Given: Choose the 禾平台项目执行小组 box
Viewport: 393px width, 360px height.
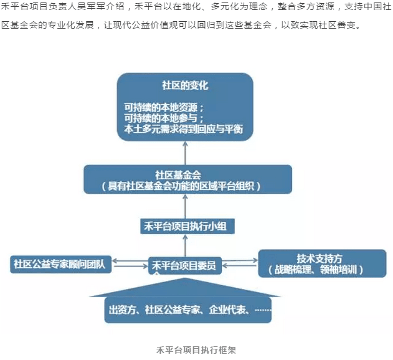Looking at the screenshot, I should (x=187, y=226).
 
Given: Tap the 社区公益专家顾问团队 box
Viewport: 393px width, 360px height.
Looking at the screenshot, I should (x=62, y=263).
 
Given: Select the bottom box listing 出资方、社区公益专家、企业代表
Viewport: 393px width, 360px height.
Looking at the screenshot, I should (x=188, y=309).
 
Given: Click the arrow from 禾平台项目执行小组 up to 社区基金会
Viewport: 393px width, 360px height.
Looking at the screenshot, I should (x=186, y=207).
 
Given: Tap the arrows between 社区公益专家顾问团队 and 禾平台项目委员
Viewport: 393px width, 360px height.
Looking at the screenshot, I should (x=130, y=264).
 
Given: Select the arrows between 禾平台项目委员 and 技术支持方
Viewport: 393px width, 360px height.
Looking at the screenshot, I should (x=239, y=264).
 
